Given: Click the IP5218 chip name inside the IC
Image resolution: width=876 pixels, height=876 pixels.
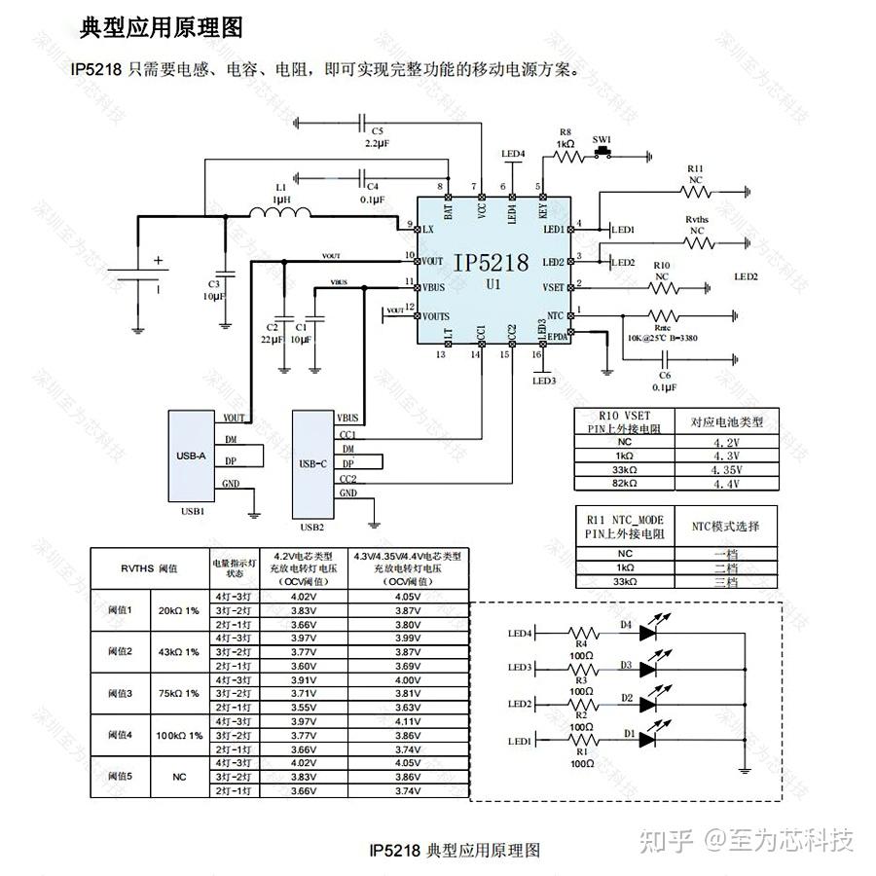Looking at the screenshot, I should [490, 263].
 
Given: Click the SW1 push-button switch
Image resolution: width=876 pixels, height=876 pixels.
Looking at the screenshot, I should [603, 151].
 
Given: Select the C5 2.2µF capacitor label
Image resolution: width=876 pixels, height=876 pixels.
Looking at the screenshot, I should [377, 136].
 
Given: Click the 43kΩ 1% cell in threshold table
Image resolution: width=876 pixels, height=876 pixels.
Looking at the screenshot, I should [177, 651].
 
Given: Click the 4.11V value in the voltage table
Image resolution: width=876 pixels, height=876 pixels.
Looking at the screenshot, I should [408, 721].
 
